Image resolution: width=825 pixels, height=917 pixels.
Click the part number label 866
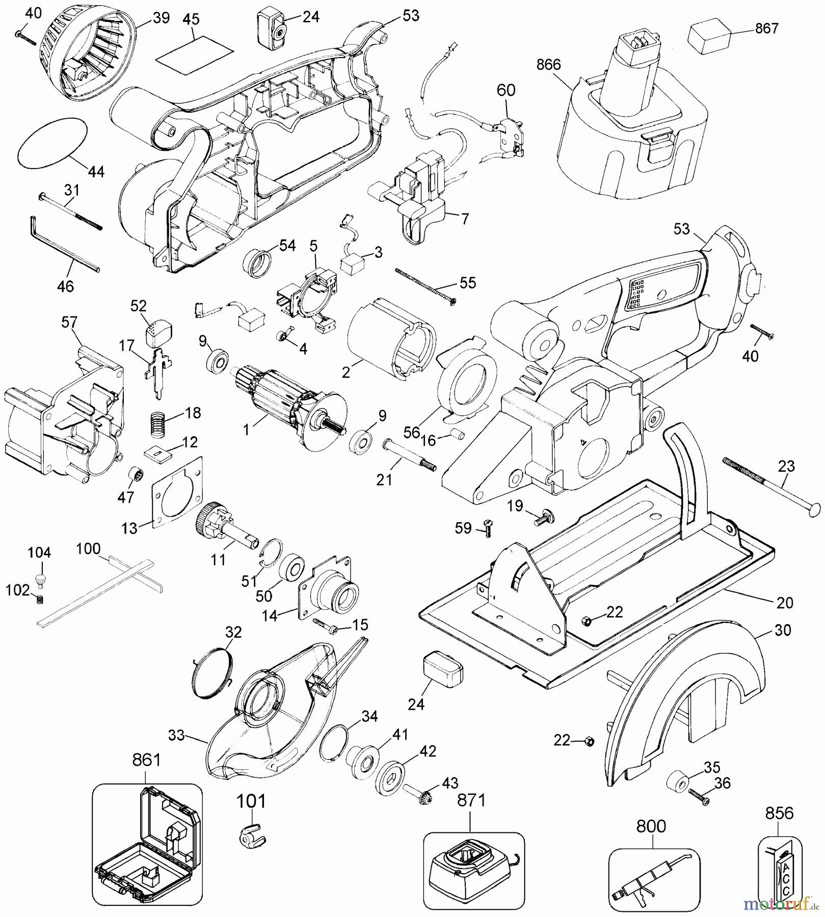548,65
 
